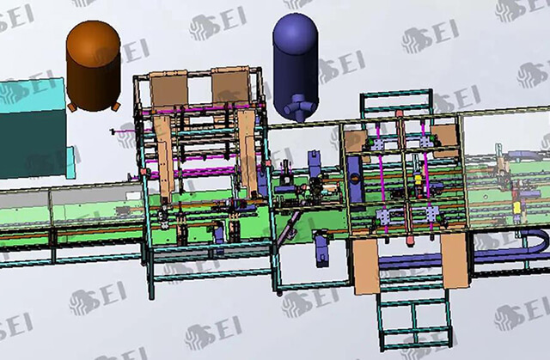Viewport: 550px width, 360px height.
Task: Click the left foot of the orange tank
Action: pyautogui.click(x=72, y=107)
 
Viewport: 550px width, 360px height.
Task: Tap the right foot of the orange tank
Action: pyautogui.click(x=116, y=107)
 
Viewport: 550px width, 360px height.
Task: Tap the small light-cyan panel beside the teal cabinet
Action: pyautogui.click(x=70, y=162)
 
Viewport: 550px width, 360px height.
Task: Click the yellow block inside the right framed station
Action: pyautogui.click(x=418, y=180)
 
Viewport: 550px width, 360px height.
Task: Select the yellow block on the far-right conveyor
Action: pyautogui.click(x=516, y=208)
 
